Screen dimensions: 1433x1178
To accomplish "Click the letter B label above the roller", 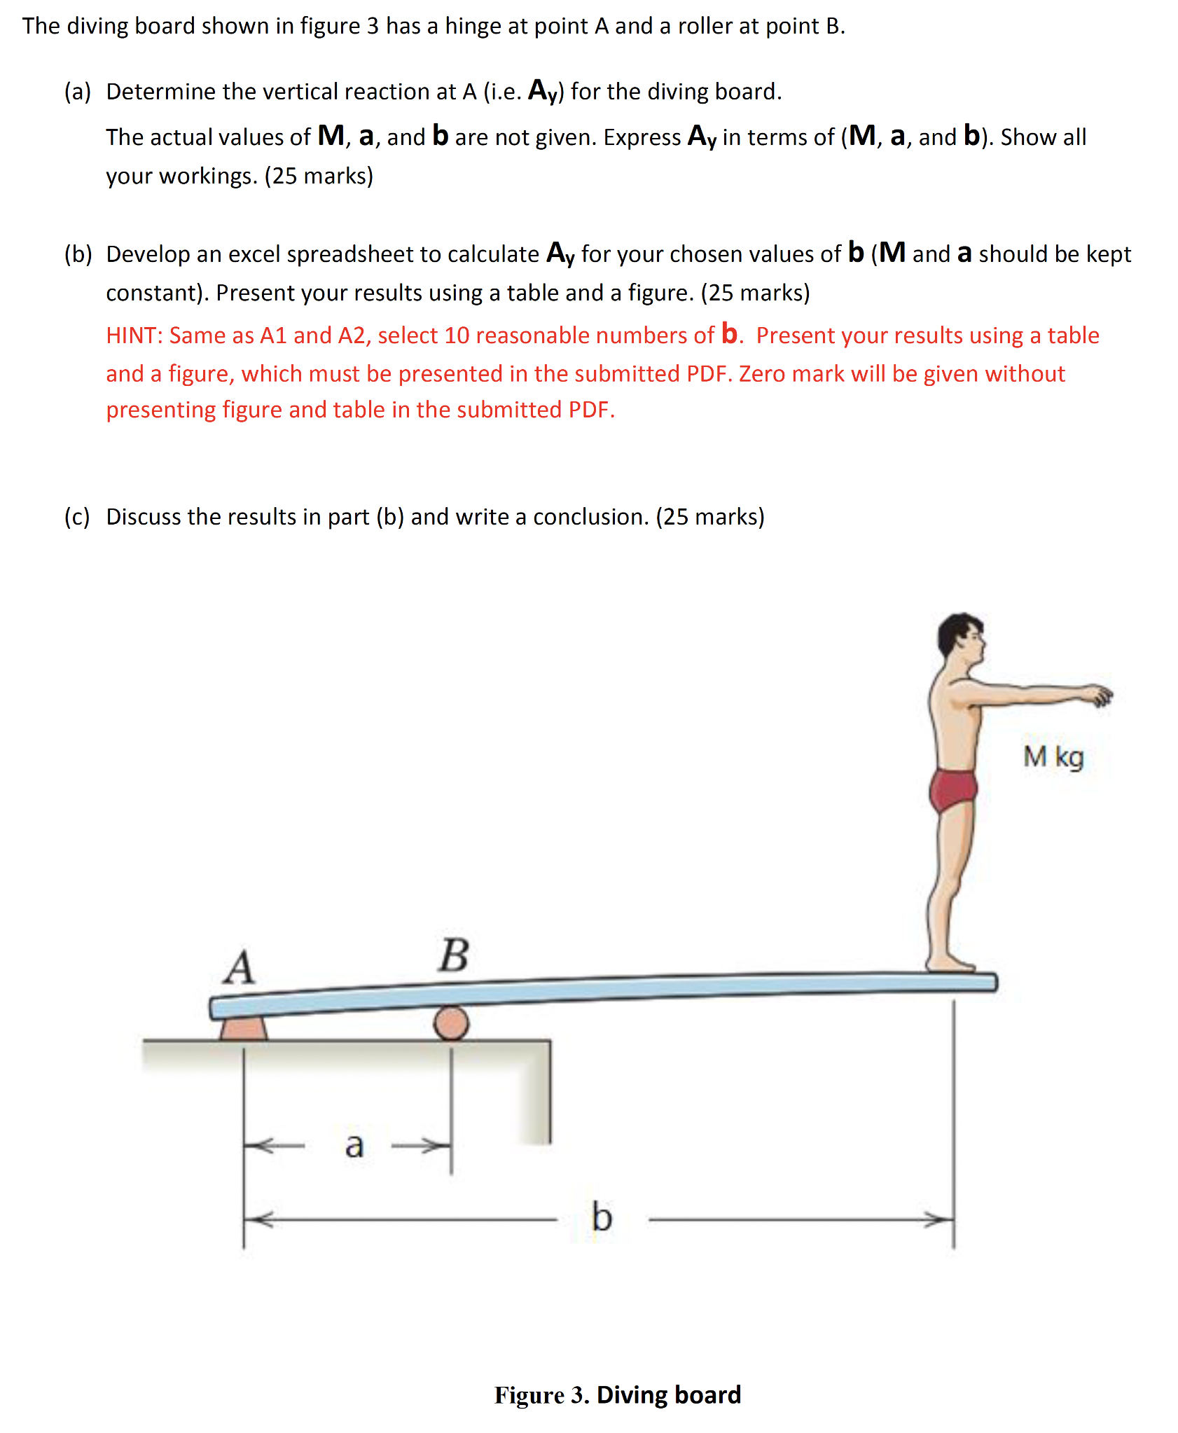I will coord(454,955).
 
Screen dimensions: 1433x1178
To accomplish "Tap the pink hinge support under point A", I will coord(243,1028).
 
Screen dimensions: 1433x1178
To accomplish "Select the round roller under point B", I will coord(452,1023).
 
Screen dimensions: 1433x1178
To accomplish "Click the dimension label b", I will coord(602,1217).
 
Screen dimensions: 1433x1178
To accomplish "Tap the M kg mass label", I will coord(1053,757).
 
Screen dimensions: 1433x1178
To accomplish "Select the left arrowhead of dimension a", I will coord(258,1146).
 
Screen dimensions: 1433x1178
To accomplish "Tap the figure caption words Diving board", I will coord(668,1394).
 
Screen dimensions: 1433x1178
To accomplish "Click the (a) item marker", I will coord(77,92).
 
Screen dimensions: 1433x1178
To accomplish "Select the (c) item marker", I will coord(77,517).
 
